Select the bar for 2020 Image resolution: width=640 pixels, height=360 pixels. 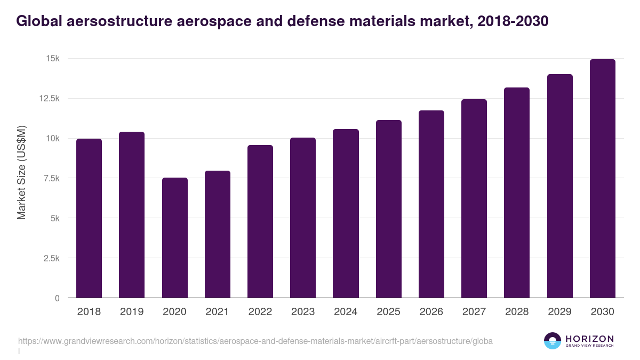[174, 238]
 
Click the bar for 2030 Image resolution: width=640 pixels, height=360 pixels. [602, 179]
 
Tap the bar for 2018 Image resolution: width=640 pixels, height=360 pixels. [89, 218]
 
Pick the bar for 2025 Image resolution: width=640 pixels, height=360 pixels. [388, 209]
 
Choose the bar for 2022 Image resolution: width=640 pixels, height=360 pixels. [260, 221]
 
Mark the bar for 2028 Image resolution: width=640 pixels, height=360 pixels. [517, 193]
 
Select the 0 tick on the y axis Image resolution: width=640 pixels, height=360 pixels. [57, 298]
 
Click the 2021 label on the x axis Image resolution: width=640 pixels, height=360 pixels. [217, 312]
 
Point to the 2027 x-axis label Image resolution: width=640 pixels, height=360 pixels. [474, 312]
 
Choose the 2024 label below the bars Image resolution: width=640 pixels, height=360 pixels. [346, 312]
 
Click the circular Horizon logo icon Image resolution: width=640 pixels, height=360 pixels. [553, 341]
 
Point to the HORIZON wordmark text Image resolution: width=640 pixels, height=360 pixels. [589, 338]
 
